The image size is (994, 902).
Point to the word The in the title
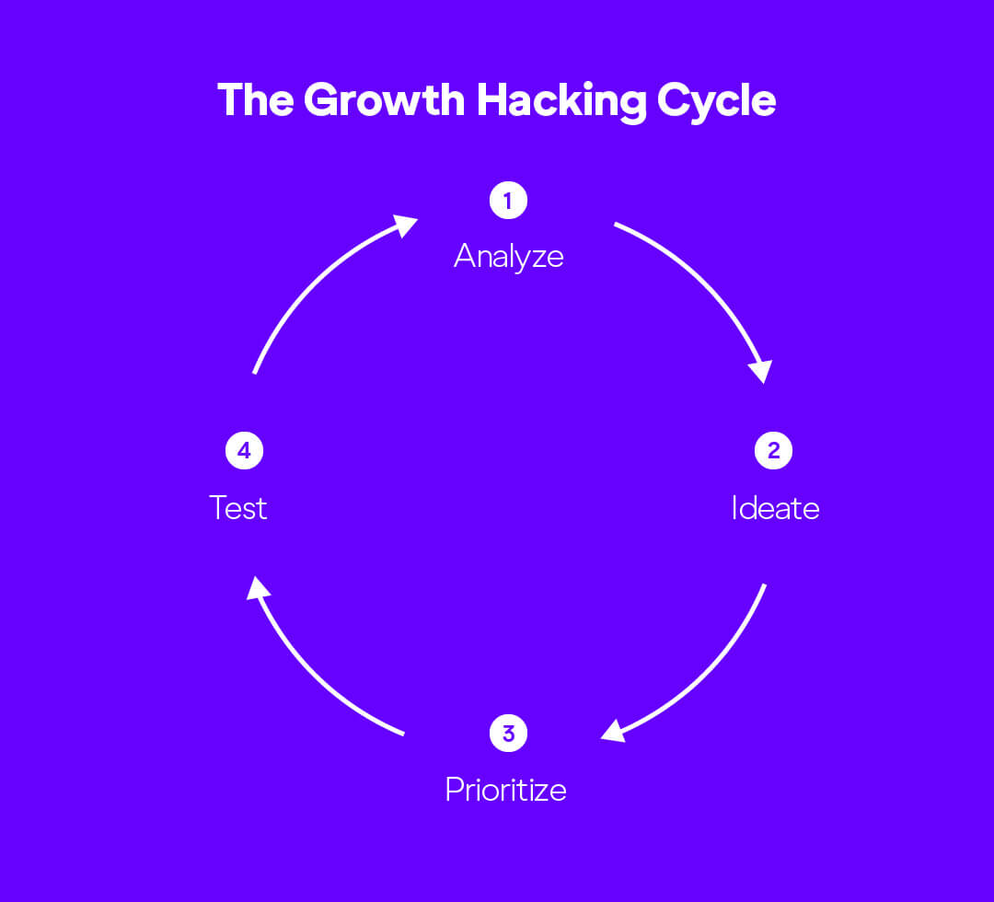(256, 99)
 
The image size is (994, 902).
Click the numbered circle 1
(508, 201)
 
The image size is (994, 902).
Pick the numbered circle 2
(773, 451)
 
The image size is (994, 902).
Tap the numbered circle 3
(508, 734)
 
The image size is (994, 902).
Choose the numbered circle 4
(244, 451)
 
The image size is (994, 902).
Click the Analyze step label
(508, 255)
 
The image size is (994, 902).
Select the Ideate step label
(775, 507)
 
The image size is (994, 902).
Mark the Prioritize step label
(505, 789)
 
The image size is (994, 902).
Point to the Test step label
(238, 507)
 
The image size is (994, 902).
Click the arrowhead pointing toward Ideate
(760, 370)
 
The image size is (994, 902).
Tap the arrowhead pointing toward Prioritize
(613, 731)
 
